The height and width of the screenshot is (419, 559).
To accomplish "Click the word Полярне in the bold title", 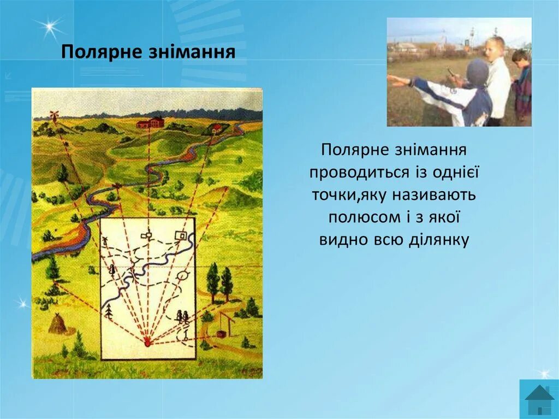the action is coord(101,52).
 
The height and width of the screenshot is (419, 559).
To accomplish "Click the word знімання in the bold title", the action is coord(191,52).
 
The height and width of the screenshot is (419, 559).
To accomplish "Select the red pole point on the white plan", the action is coord(147,343).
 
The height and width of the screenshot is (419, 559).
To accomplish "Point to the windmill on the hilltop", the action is coord(54,116).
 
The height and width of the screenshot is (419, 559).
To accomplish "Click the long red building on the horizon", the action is coord(150,122).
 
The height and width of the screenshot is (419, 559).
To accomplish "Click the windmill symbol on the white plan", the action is coord(105,241).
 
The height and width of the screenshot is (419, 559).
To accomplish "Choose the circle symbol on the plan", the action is coord(183,275).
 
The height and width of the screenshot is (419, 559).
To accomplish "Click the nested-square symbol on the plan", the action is coord(181,236).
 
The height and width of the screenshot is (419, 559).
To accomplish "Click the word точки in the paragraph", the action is coord(335,196).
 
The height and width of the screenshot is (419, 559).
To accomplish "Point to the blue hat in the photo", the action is coord(477,72).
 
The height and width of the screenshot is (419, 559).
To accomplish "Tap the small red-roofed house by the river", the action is coord(215,128).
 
